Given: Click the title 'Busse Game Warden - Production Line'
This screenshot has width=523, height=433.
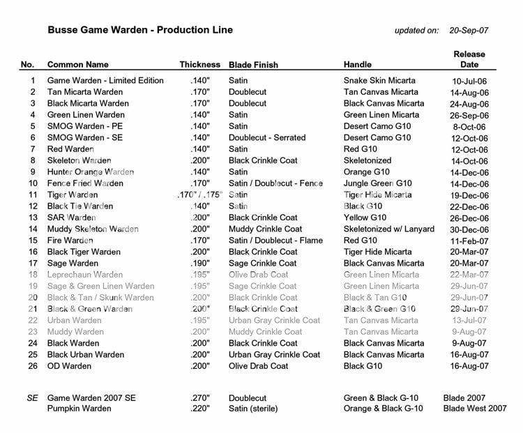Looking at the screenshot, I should point(139,31).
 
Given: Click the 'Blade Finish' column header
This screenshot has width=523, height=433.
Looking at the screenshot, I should point(253,65).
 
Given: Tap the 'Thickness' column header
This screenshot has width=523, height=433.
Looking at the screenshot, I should point(199,65).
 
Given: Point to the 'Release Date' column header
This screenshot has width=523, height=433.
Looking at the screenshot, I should point(469,59).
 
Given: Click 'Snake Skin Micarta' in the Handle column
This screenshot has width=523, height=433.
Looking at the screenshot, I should point(379,81).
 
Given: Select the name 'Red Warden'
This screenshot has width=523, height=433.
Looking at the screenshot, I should point(70,149).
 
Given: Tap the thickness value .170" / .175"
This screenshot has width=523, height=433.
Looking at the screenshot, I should point(200,195).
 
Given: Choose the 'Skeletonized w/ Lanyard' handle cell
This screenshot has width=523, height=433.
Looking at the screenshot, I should point(390,229).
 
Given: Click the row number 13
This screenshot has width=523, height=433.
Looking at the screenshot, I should point(32,218).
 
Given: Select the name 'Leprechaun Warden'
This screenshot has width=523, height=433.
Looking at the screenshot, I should point(85,275).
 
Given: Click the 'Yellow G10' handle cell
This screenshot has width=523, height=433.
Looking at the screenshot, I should point(366,218).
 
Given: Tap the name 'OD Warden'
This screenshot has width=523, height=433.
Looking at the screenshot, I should point(69,366).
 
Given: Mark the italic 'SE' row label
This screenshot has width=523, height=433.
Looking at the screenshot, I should point(31,397).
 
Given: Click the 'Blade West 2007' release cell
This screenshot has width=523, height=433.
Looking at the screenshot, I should point(475,409).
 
